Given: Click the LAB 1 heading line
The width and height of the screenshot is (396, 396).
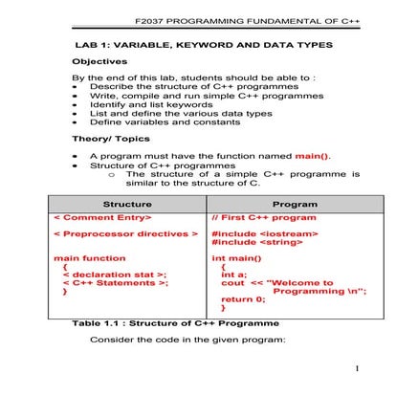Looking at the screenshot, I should (x=203, y=46).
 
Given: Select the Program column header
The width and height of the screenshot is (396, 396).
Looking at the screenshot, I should (x=295, y=205).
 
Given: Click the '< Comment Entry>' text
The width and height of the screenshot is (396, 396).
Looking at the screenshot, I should (x=101, y=218).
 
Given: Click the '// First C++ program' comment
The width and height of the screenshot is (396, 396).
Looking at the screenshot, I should (x=263, y=218).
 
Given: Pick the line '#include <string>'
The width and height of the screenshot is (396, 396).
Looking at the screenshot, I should (x=253, y=243).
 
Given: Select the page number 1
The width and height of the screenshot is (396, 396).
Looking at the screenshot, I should (x=356, y=368).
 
